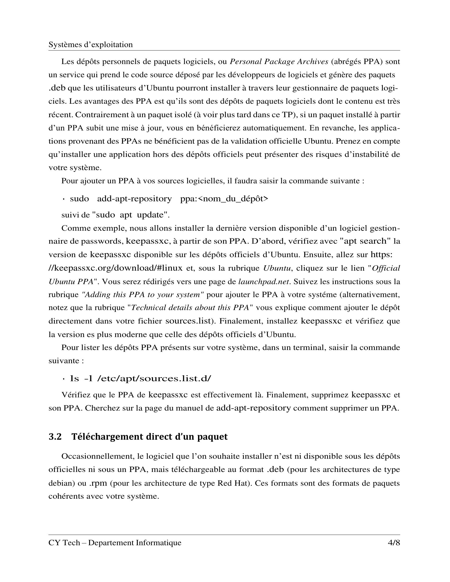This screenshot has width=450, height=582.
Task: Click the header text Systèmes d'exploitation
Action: tap(90, 44)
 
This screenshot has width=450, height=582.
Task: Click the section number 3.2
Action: tap(55, 437)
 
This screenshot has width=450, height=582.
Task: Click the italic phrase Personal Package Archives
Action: tap(278, 62)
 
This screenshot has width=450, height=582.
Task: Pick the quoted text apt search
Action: tap(365, 241)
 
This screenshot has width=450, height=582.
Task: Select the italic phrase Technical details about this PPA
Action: tap(190, 307)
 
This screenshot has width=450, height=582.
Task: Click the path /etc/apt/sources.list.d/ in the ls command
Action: tap(154, 378)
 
